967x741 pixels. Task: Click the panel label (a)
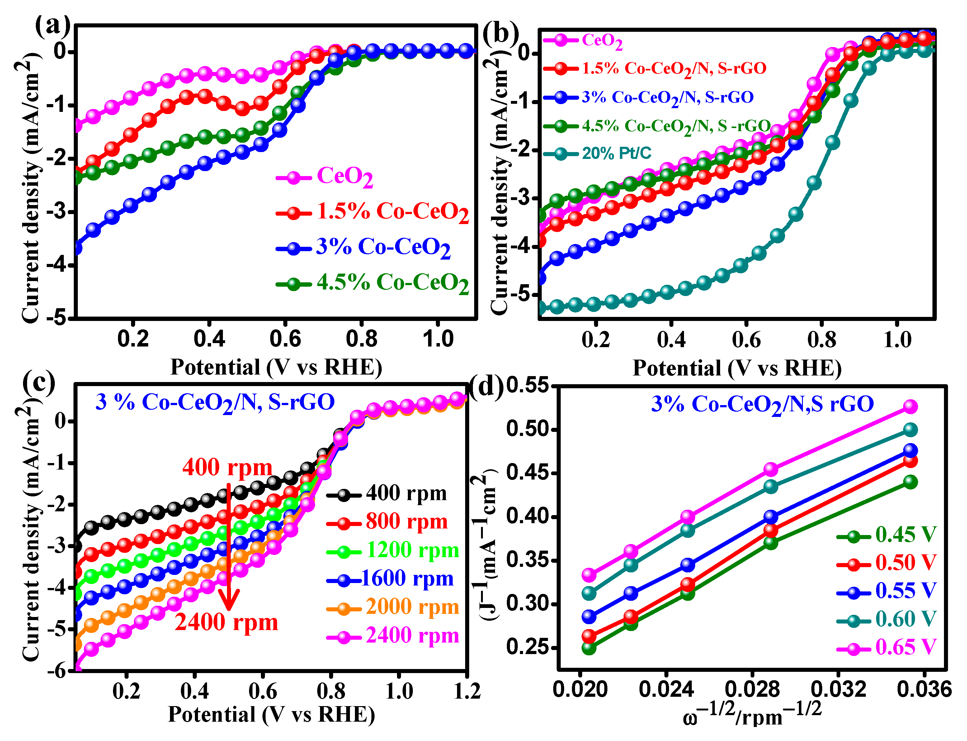click(52, 25)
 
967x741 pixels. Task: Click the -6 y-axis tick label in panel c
click(57, 671)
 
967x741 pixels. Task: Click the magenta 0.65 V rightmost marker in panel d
click(911, 406)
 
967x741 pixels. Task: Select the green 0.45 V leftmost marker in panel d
click(589, 648)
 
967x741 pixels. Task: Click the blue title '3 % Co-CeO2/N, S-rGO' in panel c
click(215, 403)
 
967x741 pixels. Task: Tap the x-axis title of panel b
click(737, 368)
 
